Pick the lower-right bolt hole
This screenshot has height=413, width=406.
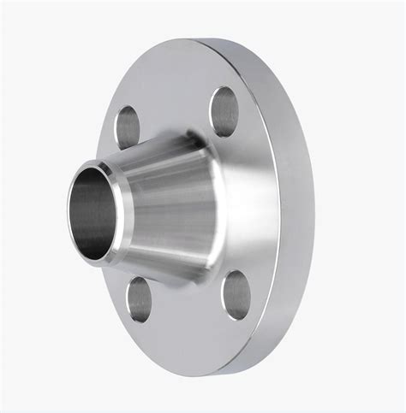[236, 294]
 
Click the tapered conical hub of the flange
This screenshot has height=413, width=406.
[171, 205]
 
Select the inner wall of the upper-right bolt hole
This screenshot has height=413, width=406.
[230, 107]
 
